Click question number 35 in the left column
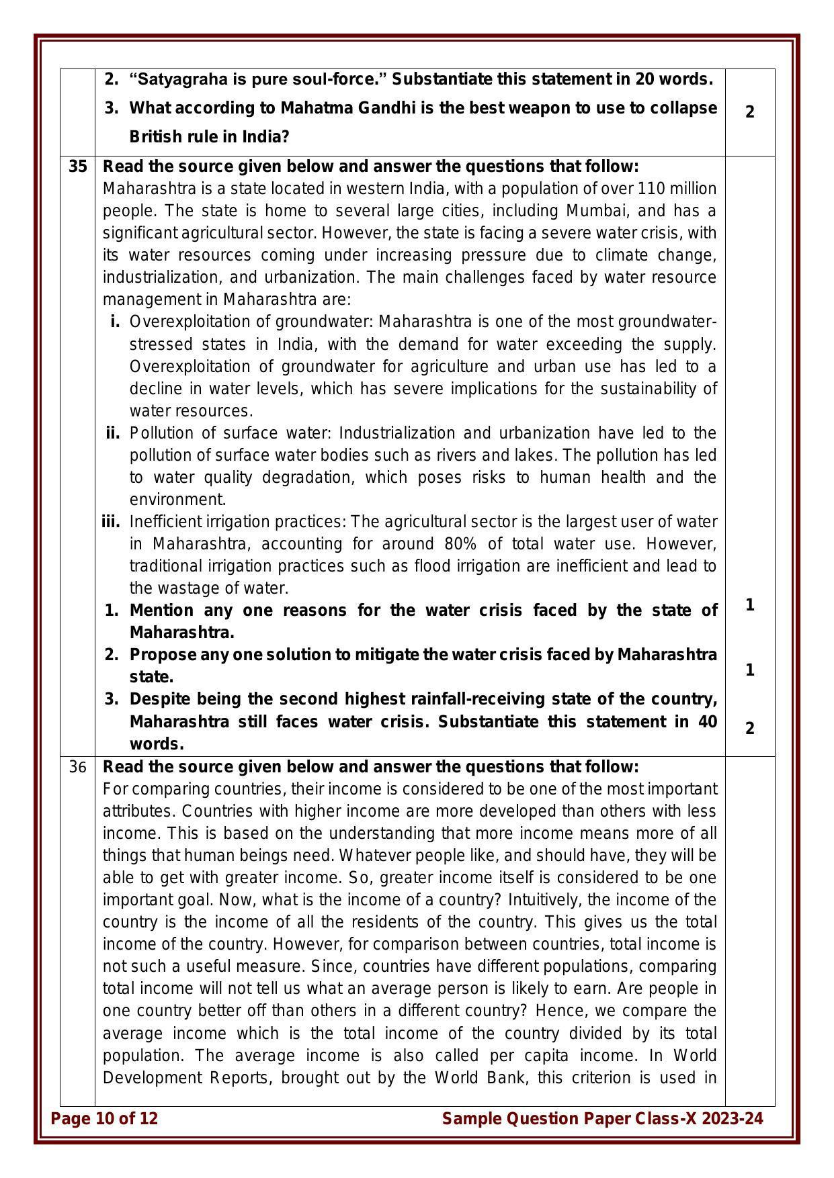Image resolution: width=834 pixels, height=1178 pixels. pos(77,167)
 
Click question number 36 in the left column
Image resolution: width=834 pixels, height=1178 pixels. pos(77,767)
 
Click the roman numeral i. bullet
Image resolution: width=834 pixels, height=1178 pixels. pos(115,322)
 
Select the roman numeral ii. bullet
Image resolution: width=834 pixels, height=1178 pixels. pos(113,433)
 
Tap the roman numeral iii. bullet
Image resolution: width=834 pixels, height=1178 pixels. pos(111,522)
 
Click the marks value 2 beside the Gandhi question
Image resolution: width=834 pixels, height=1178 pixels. pos(750,112)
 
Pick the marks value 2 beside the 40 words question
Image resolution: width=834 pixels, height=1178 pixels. pos(750,729)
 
